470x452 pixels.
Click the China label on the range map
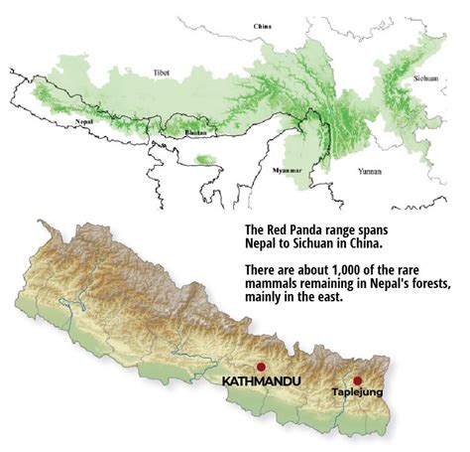pyautogui.click(x=263, y=24)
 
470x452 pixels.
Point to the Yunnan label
pyautogui.click(x=371, y=171)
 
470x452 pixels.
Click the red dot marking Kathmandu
pyautogui.click(x=262, y=365)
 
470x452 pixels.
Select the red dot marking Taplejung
pyautogui.click(x=357, y=379)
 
